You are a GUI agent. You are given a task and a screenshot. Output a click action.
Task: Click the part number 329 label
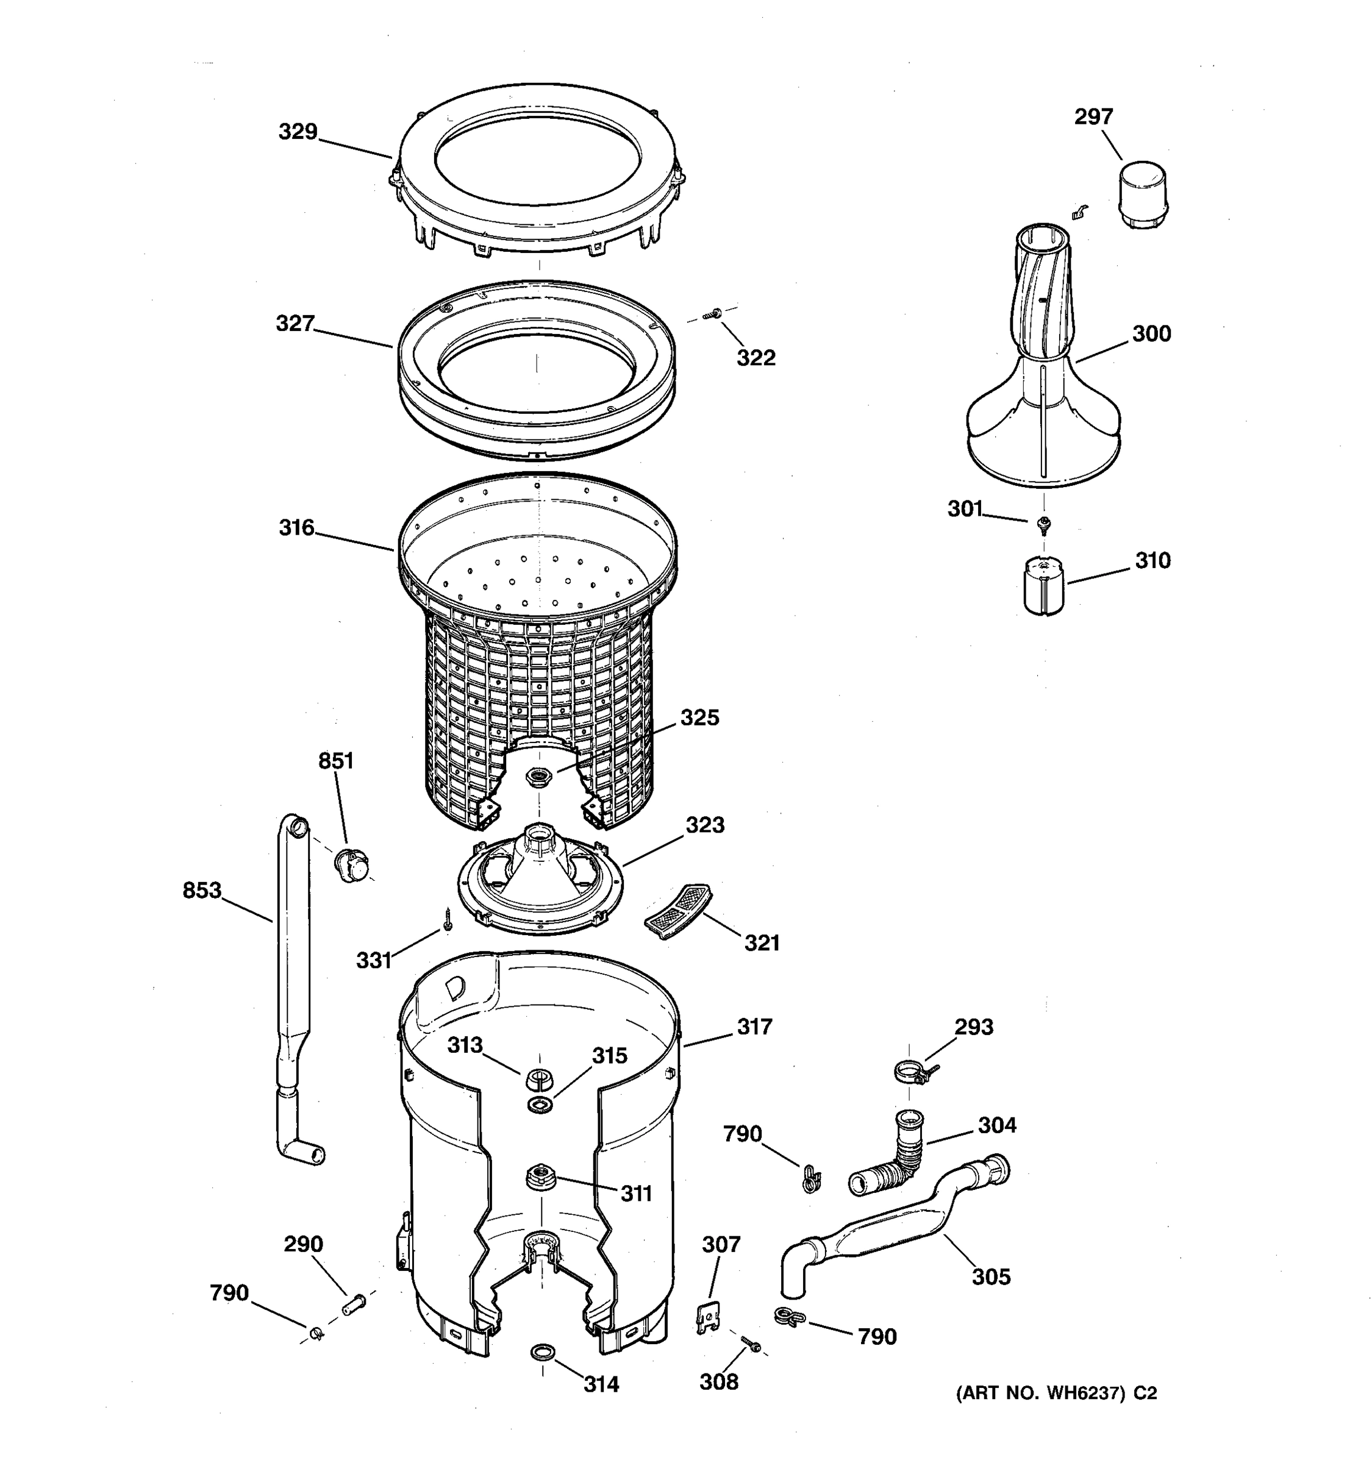(298, 132)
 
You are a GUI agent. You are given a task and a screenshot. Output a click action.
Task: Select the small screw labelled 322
(712, 314)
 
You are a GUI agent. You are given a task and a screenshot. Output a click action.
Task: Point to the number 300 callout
(1151, 334)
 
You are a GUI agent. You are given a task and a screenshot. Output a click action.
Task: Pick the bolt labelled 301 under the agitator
(1043, 524)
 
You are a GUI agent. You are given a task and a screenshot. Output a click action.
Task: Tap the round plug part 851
(352, 865)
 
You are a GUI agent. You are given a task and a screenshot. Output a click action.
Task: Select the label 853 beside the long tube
(202, 891)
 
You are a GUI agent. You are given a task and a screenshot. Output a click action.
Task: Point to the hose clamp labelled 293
(911, 1072)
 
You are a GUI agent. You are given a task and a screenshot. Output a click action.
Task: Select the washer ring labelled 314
(543, 1353)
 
